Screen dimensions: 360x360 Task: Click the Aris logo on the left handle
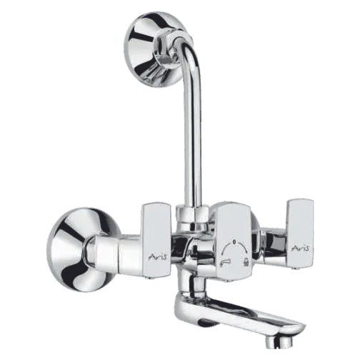(159, 256)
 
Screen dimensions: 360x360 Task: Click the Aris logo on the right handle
(301, 248)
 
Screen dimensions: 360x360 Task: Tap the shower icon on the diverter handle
(246, 263)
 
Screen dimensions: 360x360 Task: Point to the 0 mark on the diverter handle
(234, 242)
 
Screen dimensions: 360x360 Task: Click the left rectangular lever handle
(156, 241)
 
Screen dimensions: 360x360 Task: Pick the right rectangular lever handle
(300, 234)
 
